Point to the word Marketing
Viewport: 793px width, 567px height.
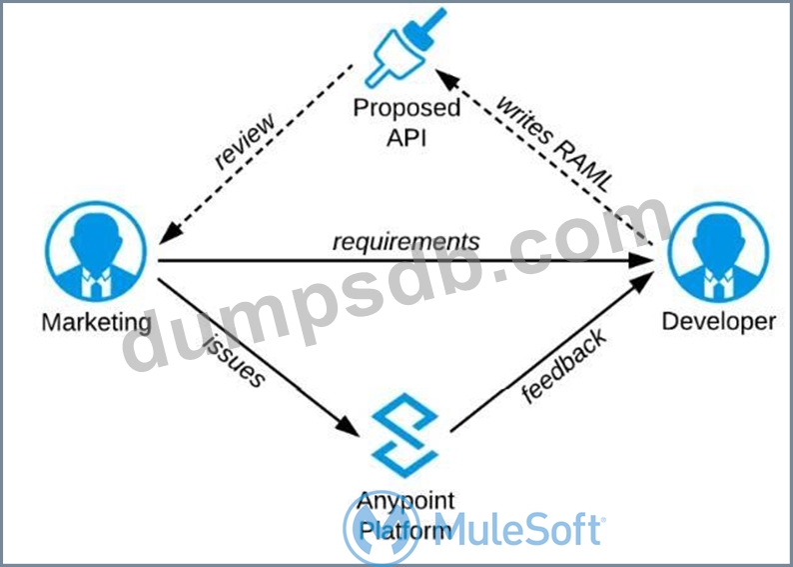pos(97,322)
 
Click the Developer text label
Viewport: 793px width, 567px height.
pos(718,321)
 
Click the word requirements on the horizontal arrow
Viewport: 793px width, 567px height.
pos(405,242)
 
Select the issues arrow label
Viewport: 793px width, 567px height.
pos(236,360)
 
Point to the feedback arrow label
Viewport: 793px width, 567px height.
pos(564,365)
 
